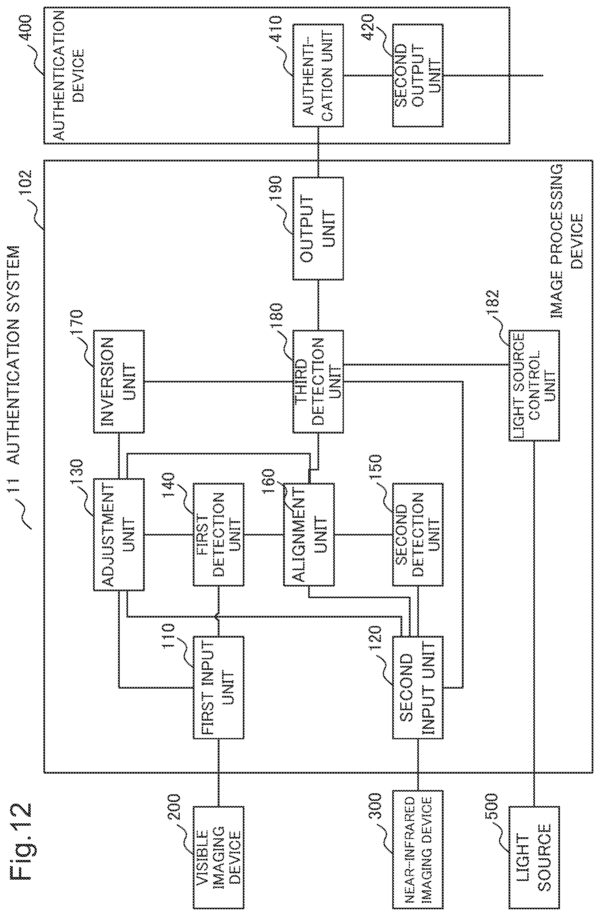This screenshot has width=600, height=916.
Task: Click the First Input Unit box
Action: click(218, 687)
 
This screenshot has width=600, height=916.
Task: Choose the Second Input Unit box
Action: click(418, 687)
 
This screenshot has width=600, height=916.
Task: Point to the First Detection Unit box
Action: click(218, 535)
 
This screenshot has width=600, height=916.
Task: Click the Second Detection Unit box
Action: click(418, 535)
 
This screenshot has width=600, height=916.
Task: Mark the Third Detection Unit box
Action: click(318, 381)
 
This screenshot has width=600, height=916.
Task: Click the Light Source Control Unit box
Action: click(534, 385)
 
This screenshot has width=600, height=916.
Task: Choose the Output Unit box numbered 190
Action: click(318, 229)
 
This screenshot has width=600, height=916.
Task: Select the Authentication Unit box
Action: click(318, 75)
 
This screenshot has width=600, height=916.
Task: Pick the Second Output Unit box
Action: click(418, 75)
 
